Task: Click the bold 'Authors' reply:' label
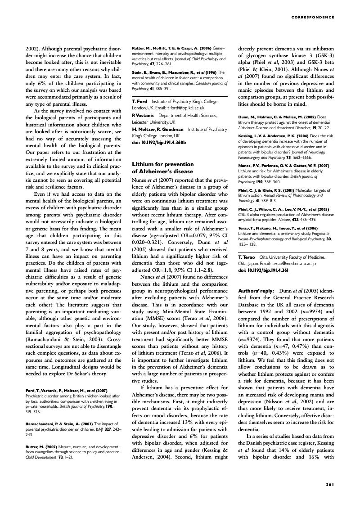(256, 292)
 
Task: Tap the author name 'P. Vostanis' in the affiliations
(142, 116)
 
